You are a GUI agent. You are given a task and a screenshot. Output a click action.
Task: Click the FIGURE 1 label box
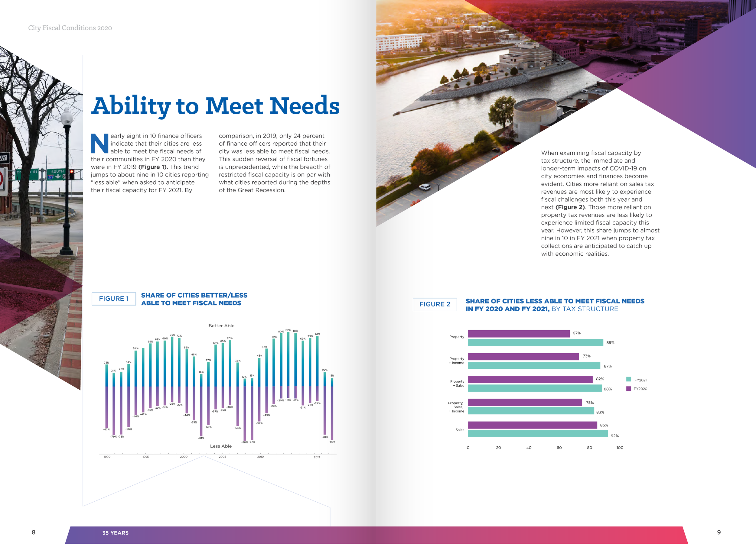(114, 299)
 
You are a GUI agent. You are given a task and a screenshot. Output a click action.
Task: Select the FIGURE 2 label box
(435, 304)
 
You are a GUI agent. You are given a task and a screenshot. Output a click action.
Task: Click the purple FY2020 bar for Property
(519, 334)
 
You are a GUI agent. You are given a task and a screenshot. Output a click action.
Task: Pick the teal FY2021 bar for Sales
(538, 434)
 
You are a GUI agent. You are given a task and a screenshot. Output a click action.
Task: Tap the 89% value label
(610, 343)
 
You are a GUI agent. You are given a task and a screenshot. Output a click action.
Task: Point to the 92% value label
(614, 436)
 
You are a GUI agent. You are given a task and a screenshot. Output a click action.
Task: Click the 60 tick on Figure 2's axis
(559, 448)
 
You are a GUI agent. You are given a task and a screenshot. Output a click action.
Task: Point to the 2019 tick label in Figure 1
(317, 457)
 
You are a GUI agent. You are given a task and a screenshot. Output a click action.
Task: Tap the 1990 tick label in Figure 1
(107, 457)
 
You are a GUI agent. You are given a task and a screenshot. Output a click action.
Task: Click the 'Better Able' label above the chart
(221, 326)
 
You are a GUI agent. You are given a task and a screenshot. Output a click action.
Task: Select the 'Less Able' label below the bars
(221, 446)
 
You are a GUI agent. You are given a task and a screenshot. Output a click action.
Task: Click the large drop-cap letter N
(99, 143)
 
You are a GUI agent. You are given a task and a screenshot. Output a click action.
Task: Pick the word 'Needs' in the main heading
(305, 106)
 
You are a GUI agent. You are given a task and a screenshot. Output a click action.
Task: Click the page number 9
(719, 532)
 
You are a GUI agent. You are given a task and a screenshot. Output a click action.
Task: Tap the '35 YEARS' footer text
(115, 533)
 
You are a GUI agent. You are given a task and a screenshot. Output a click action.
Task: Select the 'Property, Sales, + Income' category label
(456, 407)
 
